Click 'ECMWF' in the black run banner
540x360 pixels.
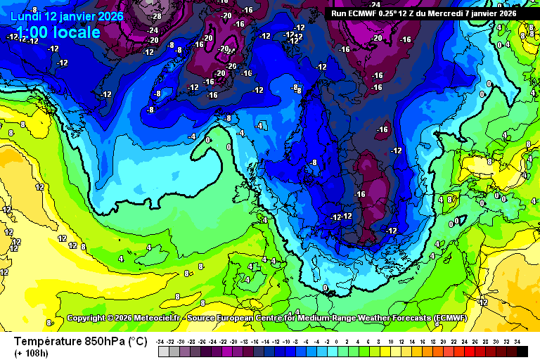click(x=367, y=13)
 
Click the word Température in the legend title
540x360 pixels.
click(x=51, y=342)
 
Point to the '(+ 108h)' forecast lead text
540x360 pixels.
click(x=31, y=353)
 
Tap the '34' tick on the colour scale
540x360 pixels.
click(x=517, y=341)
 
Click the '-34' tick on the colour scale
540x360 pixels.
click(x=161, y=341)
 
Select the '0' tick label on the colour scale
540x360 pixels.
click(x=339, y=341)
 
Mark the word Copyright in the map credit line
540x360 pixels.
click(x=88, y=319)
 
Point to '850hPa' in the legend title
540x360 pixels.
click(x=106, y=342)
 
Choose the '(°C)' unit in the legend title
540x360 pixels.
click(x=137, y=342)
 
